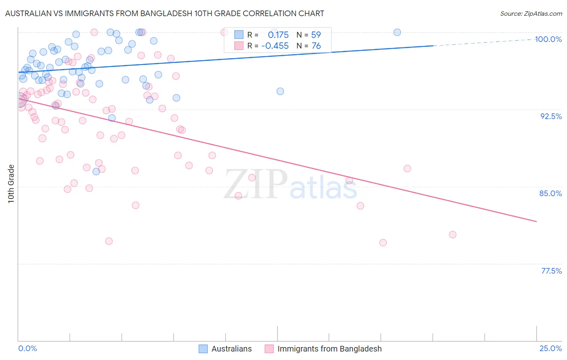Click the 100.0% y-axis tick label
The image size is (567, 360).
(548, 39)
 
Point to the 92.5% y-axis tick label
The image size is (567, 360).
(551, 116)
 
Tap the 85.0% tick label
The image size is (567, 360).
(550, 193)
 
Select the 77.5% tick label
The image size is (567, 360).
(551, 271)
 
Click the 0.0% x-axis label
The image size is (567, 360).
(28, 348)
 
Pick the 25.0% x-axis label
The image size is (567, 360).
(550, 348)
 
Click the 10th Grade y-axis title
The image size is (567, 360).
(11, 184)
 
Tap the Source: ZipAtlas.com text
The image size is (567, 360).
(531, 14)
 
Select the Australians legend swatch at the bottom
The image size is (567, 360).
(203, 349)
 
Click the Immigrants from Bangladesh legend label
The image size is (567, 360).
(329, 349)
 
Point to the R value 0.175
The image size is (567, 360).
(278, 35)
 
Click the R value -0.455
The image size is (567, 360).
(275, 46)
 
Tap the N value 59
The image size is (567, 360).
(316, 35)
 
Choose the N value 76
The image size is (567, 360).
(316, 46)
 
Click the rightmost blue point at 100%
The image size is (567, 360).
(397, 32)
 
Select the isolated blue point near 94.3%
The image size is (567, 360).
(280, 91)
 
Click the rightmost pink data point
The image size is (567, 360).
(452, 234)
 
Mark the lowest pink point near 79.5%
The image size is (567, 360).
(383, 243)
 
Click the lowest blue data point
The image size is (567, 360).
(96, 172)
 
